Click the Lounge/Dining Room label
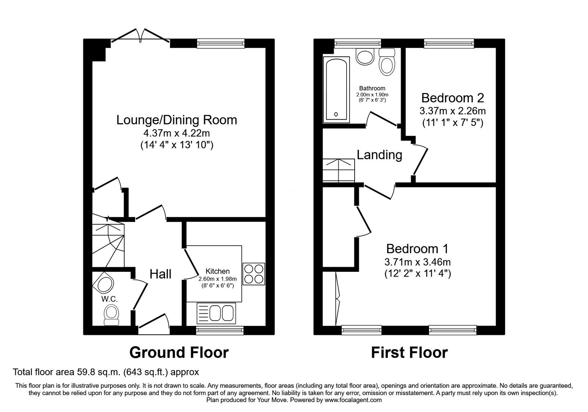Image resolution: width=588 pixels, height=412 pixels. pyautogui.click(x=176, y=120)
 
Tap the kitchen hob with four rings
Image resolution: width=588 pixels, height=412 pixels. pyautogui.click(x=254, y=274)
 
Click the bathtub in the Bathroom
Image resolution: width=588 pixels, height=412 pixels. pyautogui.click(x=336, y=89)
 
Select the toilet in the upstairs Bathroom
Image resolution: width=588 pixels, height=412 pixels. pyautogui.click(x=386, y=63)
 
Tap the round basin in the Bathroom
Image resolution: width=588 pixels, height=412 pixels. pyautogui.click(x=365, y=57)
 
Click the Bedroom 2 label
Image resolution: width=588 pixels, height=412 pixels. pyautogui.click(x=452, y=98)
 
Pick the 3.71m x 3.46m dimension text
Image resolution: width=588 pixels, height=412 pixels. pyautogui.click(x=417, y=262)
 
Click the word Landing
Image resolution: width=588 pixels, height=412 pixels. pyautogui.click(x=379, y=155)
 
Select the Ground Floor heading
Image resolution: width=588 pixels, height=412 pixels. pyautogui.click(x=179, y=352)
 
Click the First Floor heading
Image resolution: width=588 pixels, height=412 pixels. pyautogui.click(x=409, y=352)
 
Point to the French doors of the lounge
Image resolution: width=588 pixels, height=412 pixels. pyautogui.click(x=140, y=37)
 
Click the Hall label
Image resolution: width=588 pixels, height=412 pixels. pyautogui.click(x=161, y=274)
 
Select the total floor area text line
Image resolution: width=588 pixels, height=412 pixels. pyautogui.click(x=106, y=372)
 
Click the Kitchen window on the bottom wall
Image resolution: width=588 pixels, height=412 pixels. pyautogui.click(x=220, y=330)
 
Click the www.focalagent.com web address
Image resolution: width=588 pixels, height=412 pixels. pyautogui.click(x=353, y=400)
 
